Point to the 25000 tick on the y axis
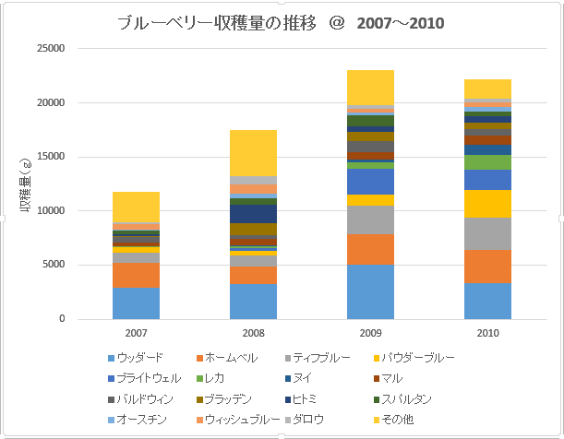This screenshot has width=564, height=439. pos(51,49)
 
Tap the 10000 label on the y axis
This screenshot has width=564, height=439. pos(51,211)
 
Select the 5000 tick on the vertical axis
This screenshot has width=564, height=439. pos(54,266)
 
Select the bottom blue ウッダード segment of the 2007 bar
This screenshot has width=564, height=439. pos(137,303)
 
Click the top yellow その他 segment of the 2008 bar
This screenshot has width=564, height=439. pos(253,152)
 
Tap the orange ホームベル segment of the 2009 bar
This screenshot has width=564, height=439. pos(370,249)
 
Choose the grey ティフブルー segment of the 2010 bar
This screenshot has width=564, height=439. pos(487,233)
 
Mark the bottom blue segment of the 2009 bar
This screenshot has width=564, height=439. pos(370,291)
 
